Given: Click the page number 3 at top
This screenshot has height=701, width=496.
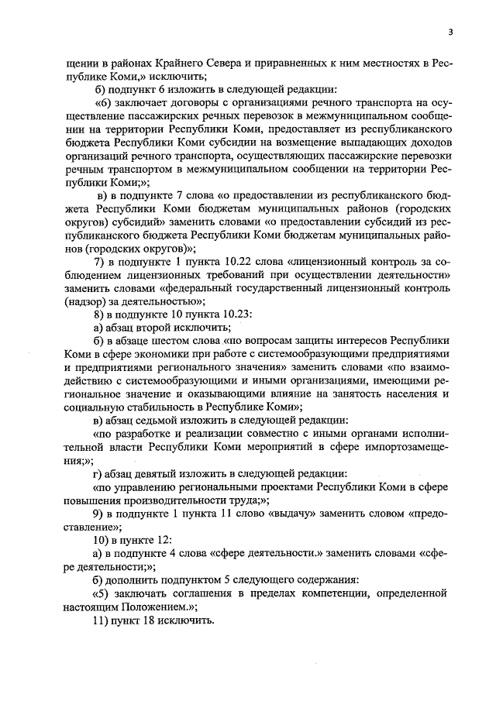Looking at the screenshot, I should (x=449, y=32).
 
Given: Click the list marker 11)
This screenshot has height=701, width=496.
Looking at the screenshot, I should (x=102, y=620).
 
